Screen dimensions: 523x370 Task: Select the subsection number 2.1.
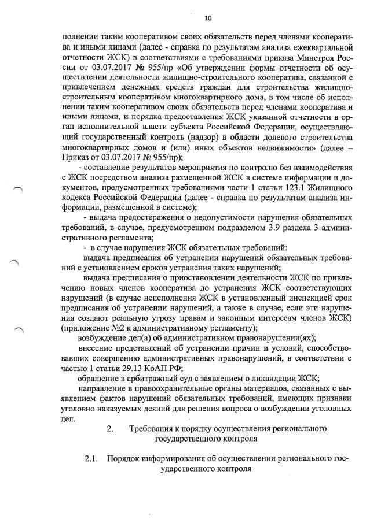coord(91,459)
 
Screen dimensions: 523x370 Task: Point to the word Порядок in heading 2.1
coord(123,459)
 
